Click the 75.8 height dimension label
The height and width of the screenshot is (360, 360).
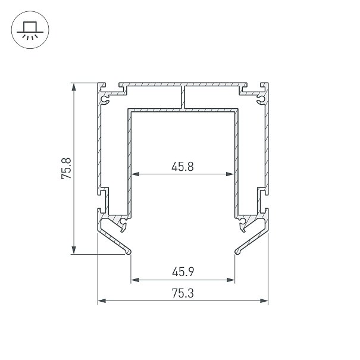point(67,168)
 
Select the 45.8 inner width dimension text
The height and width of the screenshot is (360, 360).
point(183,167)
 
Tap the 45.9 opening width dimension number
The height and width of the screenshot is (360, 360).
point(183,272)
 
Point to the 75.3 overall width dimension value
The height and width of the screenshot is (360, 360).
point(183,293)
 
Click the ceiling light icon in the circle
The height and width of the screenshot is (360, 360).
point(30,30)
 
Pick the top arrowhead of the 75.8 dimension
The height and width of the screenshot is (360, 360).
point(74,87)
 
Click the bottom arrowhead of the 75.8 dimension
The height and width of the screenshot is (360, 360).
point(74,250)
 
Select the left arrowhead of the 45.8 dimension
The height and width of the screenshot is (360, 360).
point(135,174)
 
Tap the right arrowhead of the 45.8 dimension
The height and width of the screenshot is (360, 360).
point(230,174)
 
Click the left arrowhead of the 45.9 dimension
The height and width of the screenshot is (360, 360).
point(135,280)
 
